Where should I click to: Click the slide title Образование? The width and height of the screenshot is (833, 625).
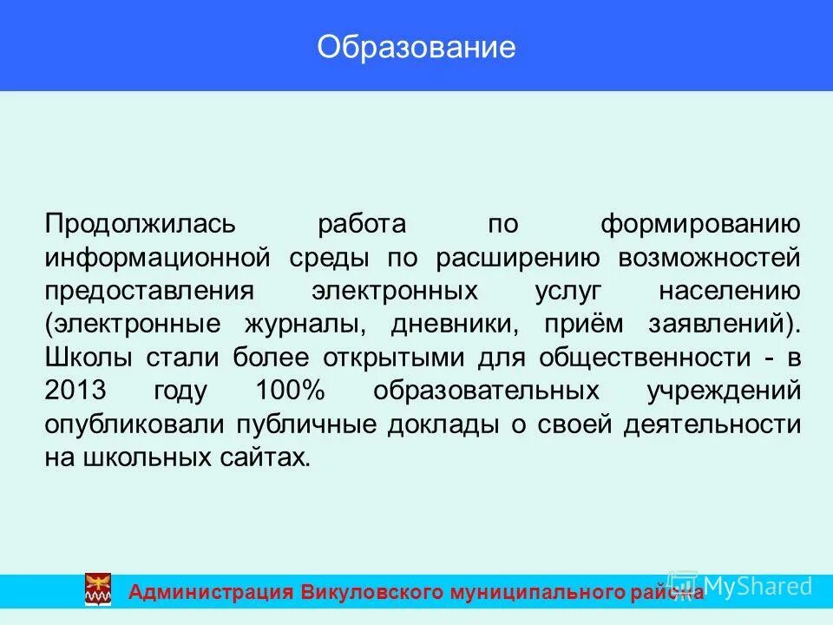(x=416, y=47)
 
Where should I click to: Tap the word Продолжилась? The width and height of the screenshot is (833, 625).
(x=140, y=224)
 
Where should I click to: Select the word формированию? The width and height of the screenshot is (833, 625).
(x=700, y=224)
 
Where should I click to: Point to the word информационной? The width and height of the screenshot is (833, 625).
(x=161, y=258)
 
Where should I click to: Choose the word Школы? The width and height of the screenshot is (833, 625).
(x=88, y=357)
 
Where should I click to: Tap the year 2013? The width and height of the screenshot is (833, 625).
(x=73, y=391)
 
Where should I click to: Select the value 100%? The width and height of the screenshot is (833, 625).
(x=290, y=391)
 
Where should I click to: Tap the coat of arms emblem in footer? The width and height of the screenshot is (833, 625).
(x=97, y=589)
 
